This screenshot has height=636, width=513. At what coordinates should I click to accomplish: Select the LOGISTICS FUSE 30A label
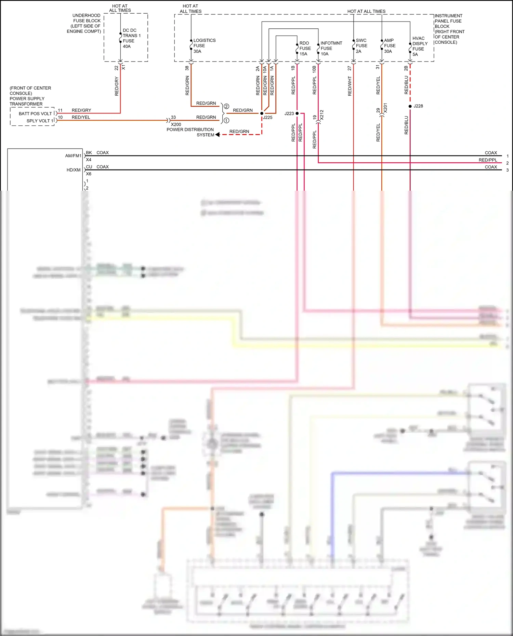[x=204, y=46]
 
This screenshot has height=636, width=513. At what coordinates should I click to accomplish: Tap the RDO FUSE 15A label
[x=305, y=49]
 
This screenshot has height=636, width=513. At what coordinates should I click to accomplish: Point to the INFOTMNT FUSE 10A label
[x=331, y=49]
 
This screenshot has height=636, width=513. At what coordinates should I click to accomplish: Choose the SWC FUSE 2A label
[x=361, y=46]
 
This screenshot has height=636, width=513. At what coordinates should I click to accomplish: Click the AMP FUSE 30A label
[x=390, y=46]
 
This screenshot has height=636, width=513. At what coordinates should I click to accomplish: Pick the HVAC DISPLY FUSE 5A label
[x=420, y=46]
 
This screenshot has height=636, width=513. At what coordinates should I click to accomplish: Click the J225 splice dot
[x=262, y=113]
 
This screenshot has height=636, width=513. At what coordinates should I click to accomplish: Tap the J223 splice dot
[x=297, y=113]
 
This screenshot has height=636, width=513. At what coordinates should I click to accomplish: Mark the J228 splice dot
[x=410, y=106]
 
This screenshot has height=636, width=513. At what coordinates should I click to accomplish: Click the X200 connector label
[x=176, y=124]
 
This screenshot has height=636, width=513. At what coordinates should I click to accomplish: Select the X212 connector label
[x=322, y=115]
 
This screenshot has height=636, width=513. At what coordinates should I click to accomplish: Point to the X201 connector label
[x=385, y=108]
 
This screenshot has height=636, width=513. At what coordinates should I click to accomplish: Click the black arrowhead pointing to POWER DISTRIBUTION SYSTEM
[x=218, y=135]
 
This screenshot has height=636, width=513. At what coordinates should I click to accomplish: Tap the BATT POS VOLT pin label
[x=35, y=113]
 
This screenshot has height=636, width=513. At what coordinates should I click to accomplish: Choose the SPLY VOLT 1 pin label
[x=40, y=121]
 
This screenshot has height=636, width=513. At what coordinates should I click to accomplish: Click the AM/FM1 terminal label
[x=73, y=156]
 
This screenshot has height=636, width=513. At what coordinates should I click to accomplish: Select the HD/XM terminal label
[x=74, y=170]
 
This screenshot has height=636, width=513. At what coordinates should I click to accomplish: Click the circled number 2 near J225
[x=226, y=107]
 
